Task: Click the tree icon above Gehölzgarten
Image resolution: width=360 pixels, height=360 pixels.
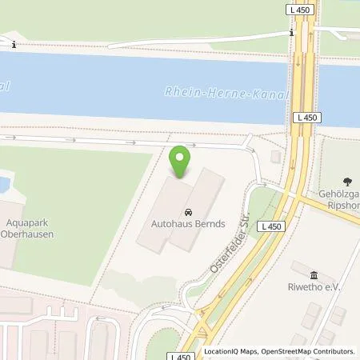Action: point(346,181)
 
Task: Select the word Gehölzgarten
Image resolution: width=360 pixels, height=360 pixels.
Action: point(340,194)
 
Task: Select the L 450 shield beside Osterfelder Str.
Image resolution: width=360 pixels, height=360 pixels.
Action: point(272,226)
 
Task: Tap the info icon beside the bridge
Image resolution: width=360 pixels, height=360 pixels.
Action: point(292,34)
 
